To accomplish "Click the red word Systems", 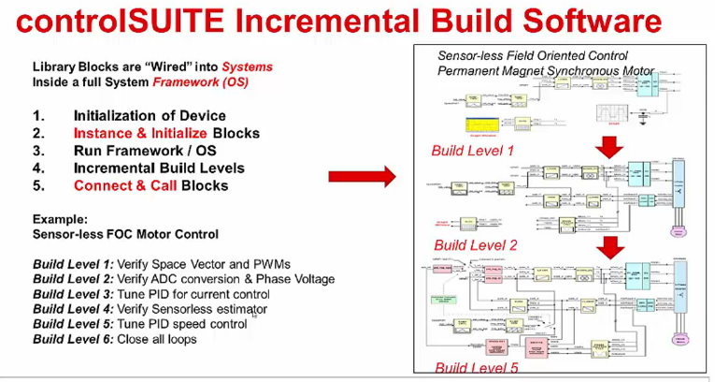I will pyautogui.click(x=247, y=67).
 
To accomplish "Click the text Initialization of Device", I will pyautogui.click(x=150, y=116).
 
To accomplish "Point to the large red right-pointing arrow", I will pyautogui.click(x=362, y=175).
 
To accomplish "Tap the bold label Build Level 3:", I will pyautogui.click(x=73, y=294).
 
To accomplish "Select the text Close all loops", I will pyautogui.click(x=157, y=339).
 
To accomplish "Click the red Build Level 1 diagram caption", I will pyautogui.click(x=473, y=151).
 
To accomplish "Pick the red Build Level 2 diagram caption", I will pyautogui.click(x=475, y=245).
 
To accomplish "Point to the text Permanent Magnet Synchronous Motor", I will pyautogui.click(x=546, y=71).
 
